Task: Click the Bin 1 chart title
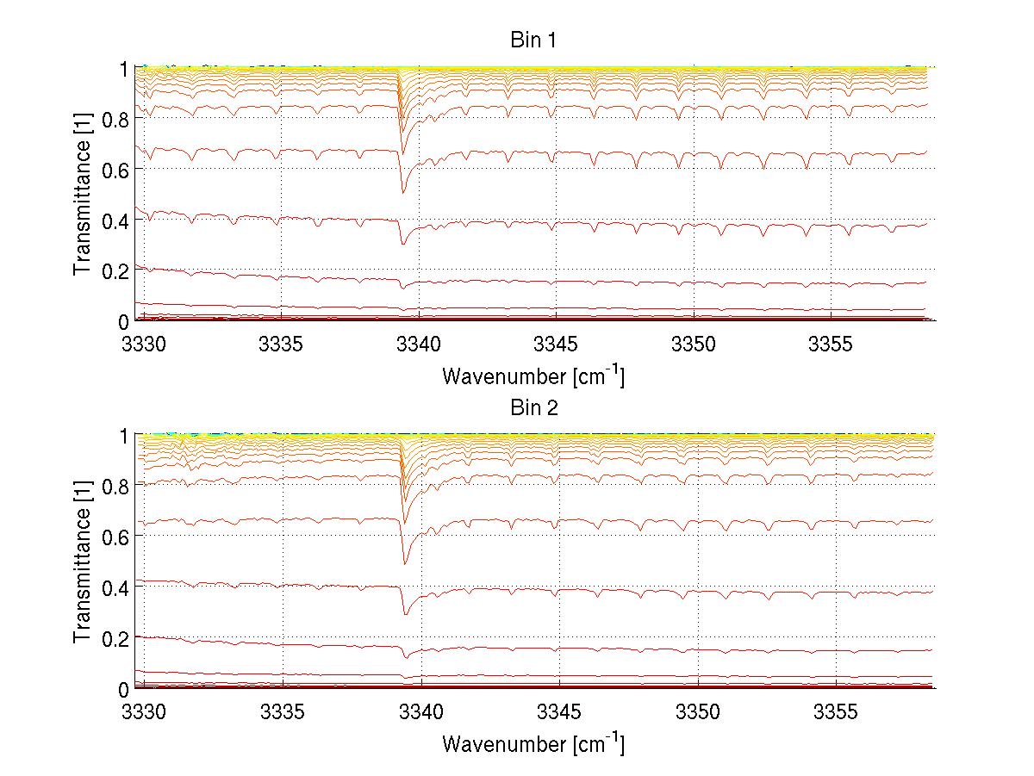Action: [x=534, y=40]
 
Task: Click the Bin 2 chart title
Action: [x=534, y=408]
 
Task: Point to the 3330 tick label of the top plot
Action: [x=143, y=344]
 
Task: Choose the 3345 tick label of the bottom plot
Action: [x=559, y=711]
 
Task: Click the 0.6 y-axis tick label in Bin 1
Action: [x=116, y=170]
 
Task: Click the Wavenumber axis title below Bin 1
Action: [x=533, y=376]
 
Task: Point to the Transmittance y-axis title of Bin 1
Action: [x=83, y=194]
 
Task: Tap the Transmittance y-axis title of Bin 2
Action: [x=83, y=562]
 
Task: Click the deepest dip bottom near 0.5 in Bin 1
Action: [x=402, y=192]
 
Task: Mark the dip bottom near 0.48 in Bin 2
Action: [x=405, y=563]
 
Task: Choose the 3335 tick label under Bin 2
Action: [x=283, y=711]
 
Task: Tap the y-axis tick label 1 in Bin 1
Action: [x=125, y=69]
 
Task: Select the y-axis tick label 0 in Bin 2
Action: [x=125, y=689]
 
